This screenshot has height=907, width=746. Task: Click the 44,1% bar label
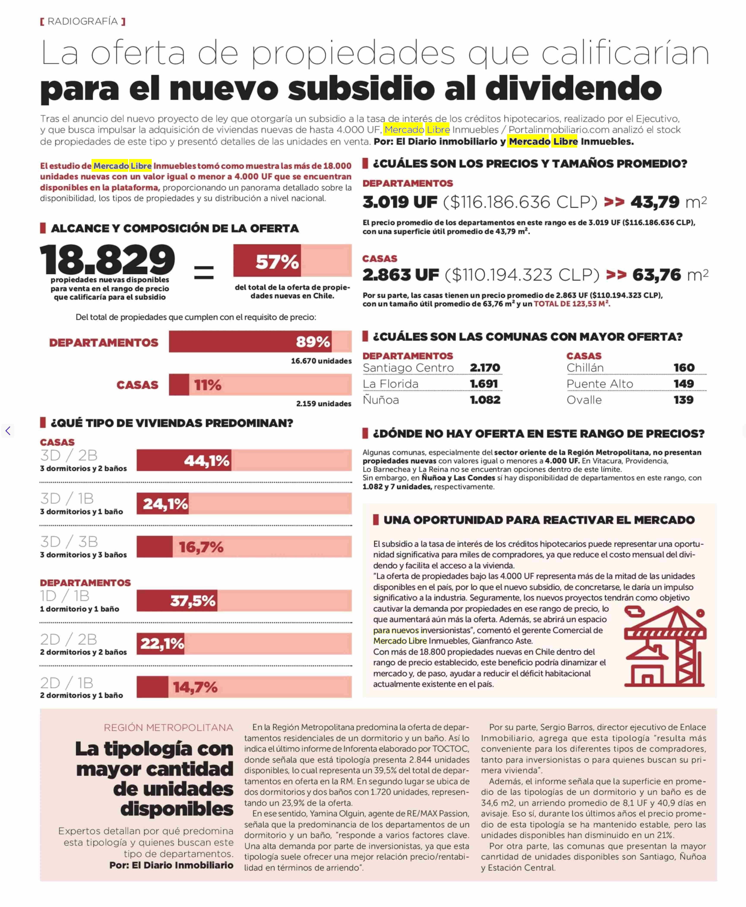point(207,461)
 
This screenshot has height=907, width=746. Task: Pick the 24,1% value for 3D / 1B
point(165,504)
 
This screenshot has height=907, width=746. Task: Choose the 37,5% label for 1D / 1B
point(193,601)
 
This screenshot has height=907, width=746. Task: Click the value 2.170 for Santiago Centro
point(485,368)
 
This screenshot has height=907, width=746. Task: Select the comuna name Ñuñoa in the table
point(381,400)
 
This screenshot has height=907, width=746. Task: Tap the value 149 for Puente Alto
point(683,384)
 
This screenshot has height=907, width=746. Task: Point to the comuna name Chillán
point(585,368)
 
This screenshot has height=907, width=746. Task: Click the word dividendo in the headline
point(574,88)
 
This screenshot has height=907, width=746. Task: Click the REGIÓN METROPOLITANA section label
point(168,727)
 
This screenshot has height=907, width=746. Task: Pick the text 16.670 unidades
point(321,361)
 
